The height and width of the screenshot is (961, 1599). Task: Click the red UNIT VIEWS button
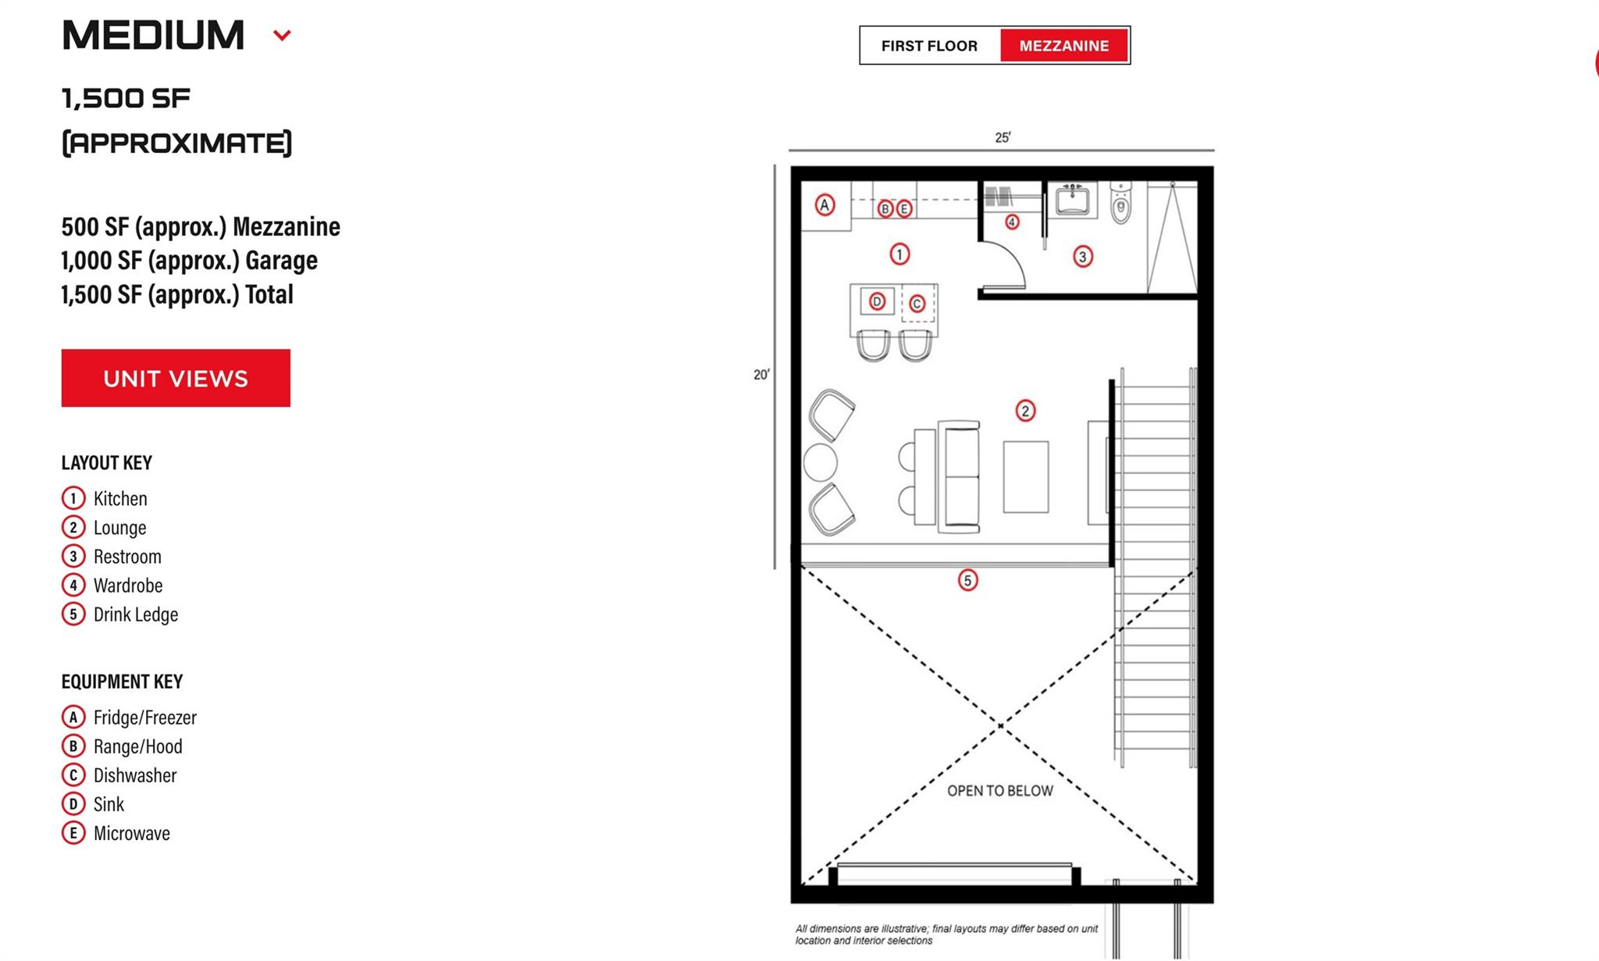pyautogui.click(x=176, y=378)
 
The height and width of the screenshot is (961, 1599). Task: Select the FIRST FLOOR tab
pyautogui.click(x=929, y=46)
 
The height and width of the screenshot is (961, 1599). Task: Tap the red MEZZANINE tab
pyautogui.click(x=1063, y=46)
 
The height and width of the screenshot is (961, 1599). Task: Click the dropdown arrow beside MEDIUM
pyautogui.click(x=282, y=35)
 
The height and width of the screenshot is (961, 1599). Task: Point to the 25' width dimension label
pyautogui.click(x=1002, y=137)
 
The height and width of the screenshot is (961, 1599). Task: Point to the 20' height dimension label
pyautogui.click(x=761, y=375)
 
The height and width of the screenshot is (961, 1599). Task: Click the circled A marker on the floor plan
pyautogui.click(x=824, y=205)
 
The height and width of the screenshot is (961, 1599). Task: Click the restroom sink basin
pyautogui.click(x=1072, y=201)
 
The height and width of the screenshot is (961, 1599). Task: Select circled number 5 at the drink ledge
pyautogui.click(x=967, y=580)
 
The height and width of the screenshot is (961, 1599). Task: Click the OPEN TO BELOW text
pyautogui.click(x=999, y=791)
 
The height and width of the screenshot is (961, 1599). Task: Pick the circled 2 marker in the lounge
pyautogui.click(x=1025, y=411)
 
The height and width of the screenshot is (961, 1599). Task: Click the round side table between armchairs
pyautogui.click(x=820, y=461)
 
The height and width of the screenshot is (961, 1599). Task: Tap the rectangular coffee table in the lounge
pyautogui.click(x=1025, y=476)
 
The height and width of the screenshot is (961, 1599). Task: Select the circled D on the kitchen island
pyautogui.click(x=877, y=301)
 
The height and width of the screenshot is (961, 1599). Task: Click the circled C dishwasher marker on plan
pyautogui.click(x=917, y=304)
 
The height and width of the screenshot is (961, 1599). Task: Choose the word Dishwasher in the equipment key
pyautogui.click(x=135, y=775)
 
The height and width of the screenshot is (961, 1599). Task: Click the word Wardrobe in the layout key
pyautogui.click(x=128, y=585)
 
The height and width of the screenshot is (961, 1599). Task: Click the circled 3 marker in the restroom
pyautogui.click(x=1082, y=256)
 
